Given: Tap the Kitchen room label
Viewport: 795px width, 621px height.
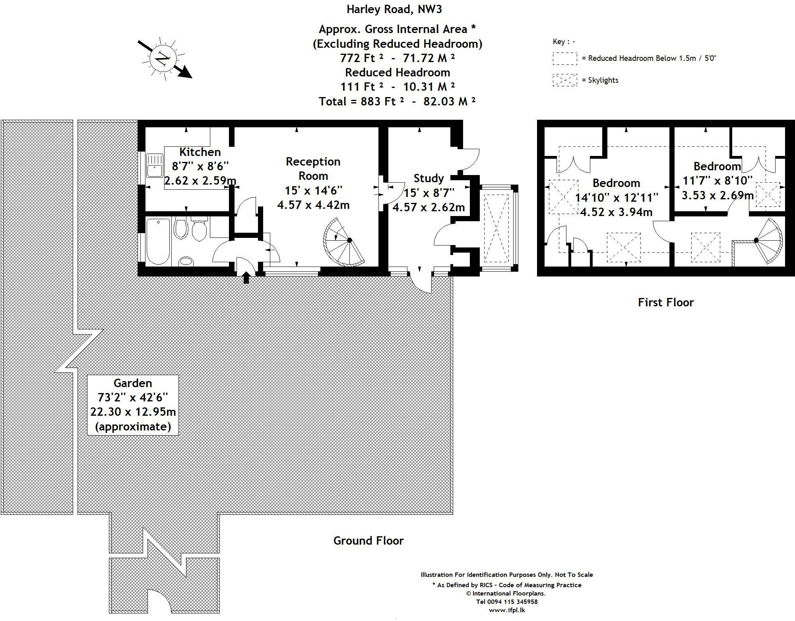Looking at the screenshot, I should pos(200,152).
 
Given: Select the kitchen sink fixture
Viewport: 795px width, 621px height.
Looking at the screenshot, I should pos(154,165).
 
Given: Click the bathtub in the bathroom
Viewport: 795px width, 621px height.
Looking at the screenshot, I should pos(158,241).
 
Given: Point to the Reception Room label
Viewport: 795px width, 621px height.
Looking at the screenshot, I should pos(313,169).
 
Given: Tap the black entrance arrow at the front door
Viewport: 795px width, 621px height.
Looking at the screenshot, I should pos(246,276).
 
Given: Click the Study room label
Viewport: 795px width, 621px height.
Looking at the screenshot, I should pos(429,178).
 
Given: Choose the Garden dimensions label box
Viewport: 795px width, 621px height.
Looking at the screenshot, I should pos(133,405).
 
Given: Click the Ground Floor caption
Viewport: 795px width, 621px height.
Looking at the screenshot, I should pos(368,541).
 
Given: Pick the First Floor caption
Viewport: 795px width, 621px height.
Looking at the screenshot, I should pos(665,302).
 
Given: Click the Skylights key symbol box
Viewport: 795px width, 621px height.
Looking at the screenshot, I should pos(564,80).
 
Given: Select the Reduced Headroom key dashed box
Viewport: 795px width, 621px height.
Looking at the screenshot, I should pos(564,58).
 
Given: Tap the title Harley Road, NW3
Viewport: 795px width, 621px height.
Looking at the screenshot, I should pos(394,9).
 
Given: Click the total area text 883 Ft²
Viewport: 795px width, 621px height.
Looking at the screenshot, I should pos(397,101).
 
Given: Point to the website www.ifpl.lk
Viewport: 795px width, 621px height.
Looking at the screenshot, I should pos(506,610).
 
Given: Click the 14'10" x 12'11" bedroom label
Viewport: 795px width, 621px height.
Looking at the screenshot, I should pos(616,197).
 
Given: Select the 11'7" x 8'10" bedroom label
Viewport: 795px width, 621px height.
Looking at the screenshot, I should pos(717,181).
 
